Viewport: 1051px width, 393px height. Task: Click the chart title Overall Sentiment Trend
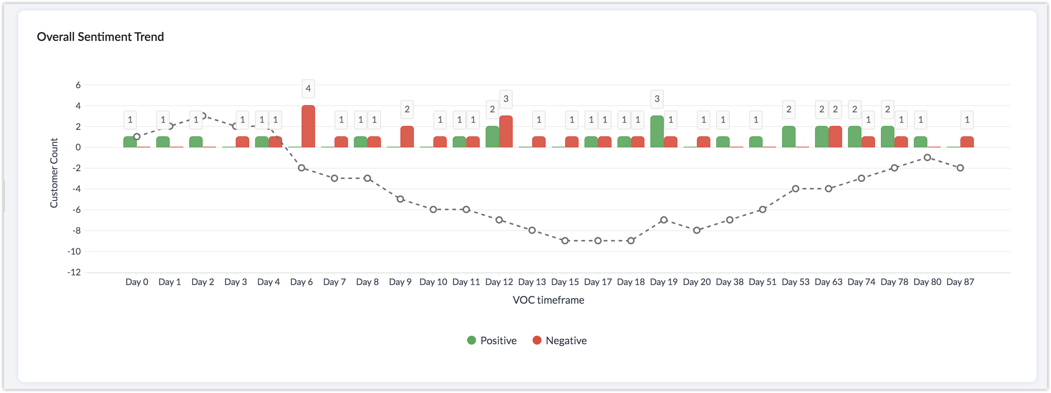pos(100,37)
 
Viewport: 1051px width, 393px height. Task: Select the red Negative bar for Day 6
pos(308,126)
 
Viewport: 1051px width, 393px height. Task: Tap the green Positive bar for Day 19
pos(657,131)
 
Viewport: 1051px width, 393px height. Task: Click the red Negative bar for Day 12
pos(506,131)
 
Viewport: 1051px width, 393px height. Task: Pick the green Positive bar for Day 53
pos(789,137)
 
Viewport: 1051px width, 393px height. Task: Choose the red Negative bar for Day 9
pos(407,137)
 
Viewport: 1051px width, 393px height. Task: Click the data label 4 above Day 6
pos(308,88)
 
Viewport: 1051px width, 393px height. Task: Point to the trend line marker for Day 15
pos(565,241)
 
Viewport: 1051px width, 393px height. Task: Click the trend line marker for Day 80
pos(928,157)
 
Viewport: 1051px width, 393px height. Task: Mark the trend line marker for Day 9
pos(400,199)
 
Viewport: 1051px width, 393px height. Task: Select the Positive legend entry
pos(492,341)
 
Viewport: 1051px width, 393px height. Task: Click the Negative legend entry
pos(559,341)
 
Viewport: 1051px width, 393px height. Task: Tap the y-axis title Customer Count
pos(54,173)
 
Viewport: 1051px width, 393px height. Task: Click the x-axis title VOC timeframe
pos(548,300)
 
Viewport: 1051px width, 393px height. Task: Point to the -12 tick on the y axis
pos(74,272)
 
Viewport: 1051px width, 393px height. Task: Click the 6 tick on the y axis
pos(78,85)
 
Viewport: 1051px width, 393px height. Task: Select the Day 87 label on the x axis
pos(960,282)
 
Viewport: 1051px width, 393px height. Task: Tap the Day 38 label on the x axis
pos(730,282)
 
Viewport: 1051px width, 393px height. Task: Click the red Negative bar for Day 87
pos(967,142)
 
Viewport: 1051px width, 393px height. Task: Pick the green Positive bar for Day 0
pos(130,142)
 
